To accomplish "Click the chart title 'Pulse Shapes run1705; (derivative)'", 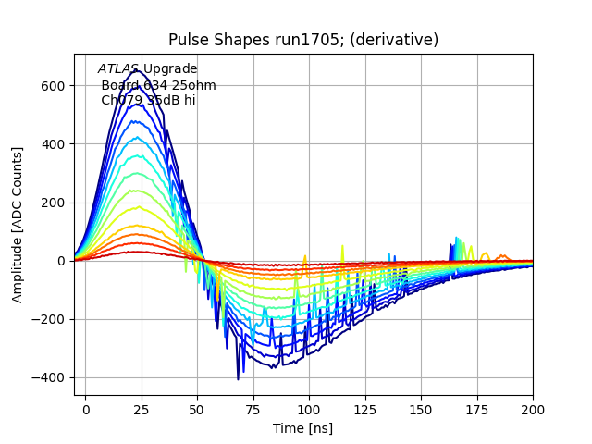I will (303, 40).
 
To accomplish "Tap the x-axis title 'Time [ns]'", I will (302, 428).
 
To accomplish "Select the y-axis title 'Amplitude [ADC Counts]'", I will (18, 225).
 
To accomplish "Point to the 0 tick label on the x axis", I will (86, 409).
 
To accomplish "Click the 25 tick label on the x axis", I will (142, 409).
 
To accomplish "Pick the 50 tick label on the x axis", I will (198, 409).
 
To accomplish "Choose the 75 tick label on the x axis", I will (253, 409).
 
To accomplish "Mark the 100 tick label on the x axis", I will (309, 409).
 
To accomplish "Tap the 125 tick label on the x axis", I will (365, 409).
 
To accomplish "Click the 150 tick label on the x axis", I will (421, 409).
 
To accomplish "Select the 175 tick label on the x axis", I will (476, 409).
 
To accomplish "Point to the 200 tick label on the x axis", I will (533, 409).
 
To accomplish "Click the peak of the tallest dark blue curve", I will (141, 70).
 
